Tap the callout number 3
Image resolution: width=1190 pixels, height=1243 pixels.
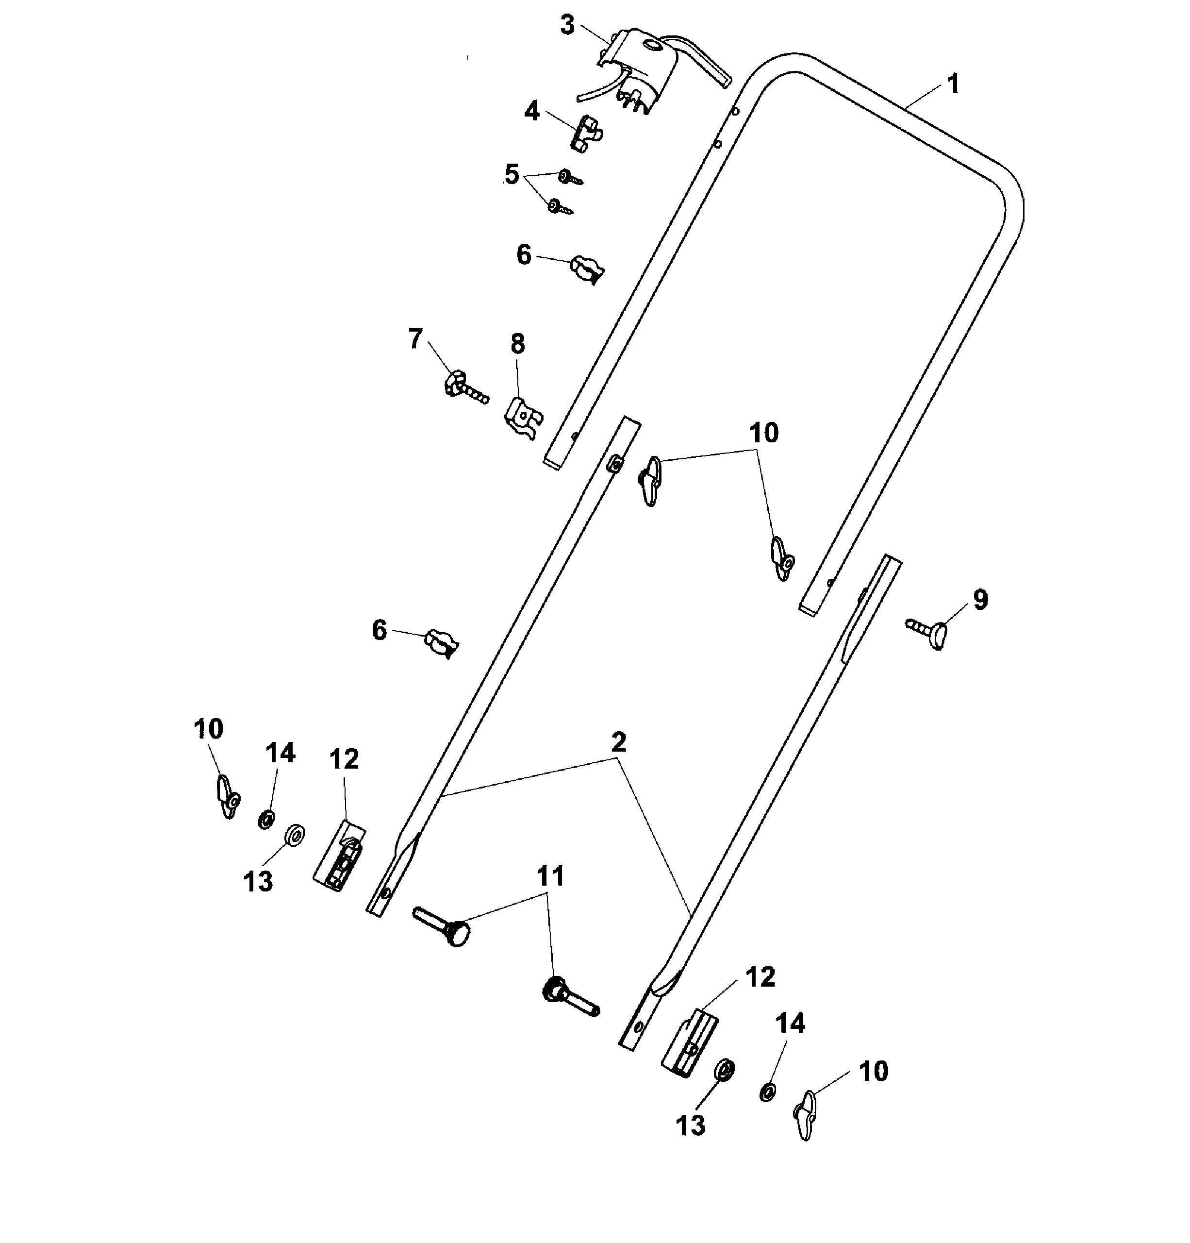[x=567, y=25]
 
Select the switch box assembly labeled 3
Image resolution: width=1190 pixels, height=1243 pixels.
[x=646, y=70]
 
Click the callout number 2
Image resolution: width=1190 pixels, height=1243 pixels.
[x=619, y=741]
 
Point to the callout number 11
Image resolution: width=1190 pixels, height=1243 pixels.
[x=550, y=876]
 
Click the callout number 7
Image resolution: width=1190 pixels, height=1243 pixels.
[x=415, y=339]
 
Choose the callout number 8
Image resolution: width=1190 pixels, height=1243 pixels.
[x=518, y=344]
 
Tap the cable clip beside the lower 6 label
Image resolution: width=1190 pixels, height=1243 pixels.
[x=442, y=643]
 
